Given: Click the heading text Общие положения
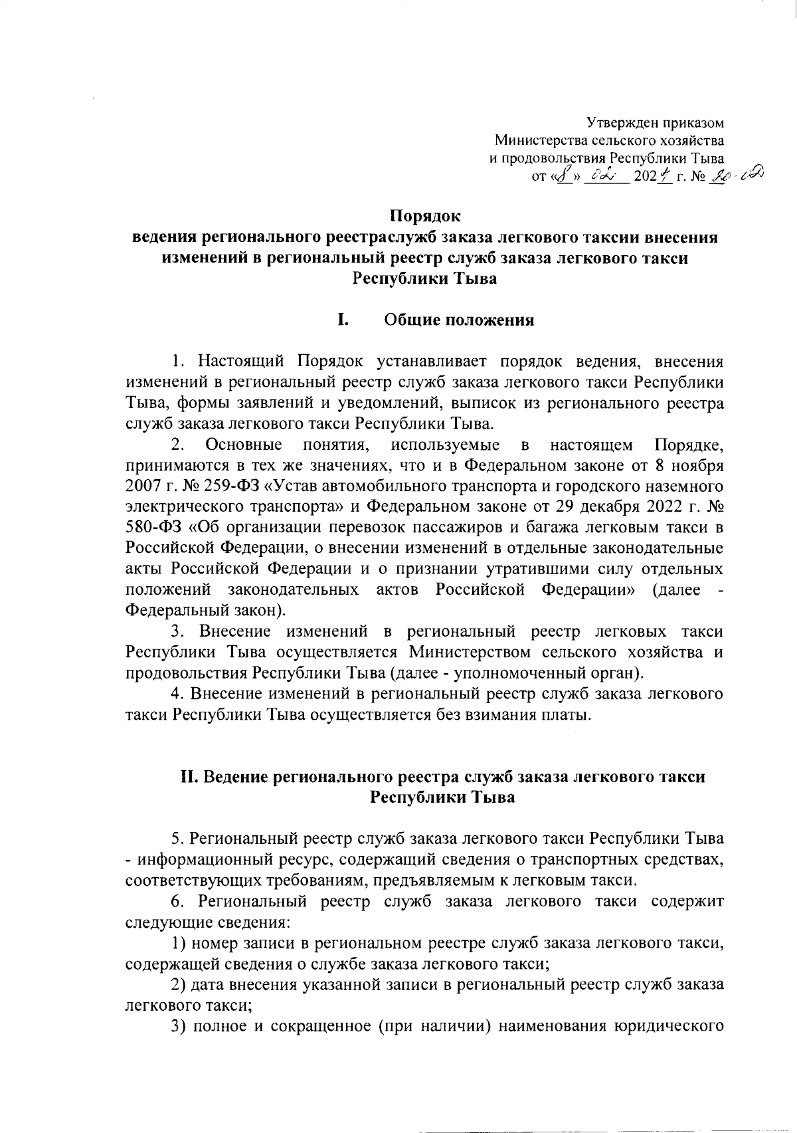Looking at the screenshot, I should (459, 321).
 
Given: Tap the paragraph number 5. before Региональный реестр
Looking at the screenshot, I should (177, 840).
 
